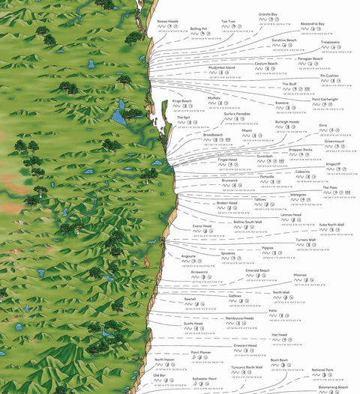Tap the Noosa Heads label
[x=168, y=22]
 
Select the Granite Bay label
[x=268, y=13]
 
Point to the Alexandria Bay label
[x=313, y=23]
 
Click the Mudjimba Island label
[x=221, y=67]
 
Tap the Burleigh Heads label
[x=287, y=121]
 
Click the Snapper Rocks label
[x=301, y=149]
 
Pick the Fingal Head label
[x=227, y=159]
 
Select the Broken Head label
[x=227, y=202]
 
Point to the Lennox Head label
[x=291, y=214]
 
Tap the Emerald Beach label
[x=257, y=270]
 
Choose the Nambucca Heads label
[x=239, y=318]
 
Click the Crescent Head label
[x=245, y=345]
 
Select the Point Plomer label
[x=200, y=352]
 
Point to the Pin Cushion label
[x=330, y=76]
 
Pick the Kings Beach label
[x=182, y=100]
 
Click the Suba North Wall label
[x=331, y=224]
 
